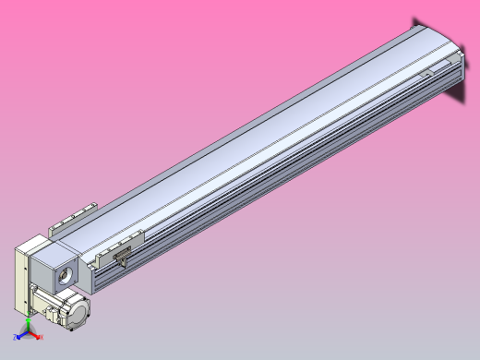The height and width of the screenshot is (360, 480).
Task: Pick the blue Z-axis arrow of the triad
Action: point(20,336)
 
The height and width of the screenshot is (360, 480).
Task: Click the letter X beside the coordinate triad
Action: point(42,338)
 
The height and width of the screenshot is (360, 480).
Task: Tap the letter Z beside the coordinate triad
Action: point(15,339)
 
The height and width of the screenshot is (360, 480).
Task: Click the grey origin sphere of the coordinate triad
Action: point(29,332)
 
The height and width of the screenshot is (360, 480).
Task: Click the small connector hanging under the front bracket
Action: point(117,261)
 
